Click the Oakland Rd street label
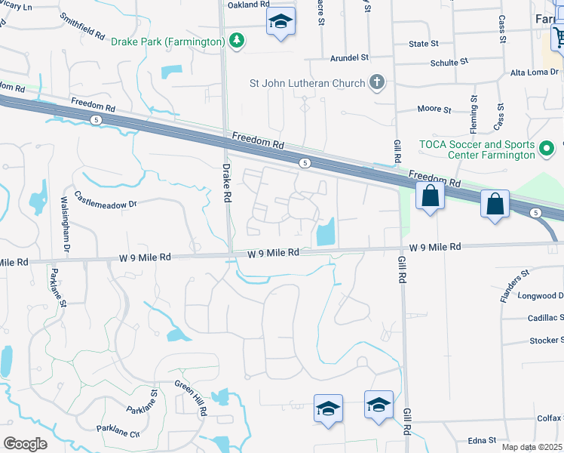point(248,5)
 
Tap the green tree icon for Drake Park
point(237,40)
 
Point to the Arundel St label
point(349,57)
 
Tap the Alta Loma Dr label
point(536,72)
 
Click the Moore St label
point(434,109)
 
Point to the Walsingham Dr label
point(65,225)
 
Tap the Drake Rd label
point(226,183)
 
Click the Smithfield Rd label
point(82,25)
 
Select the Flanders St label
point(512,286)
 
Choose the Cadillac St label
point(544,319)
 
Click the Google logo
point(25,444)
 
